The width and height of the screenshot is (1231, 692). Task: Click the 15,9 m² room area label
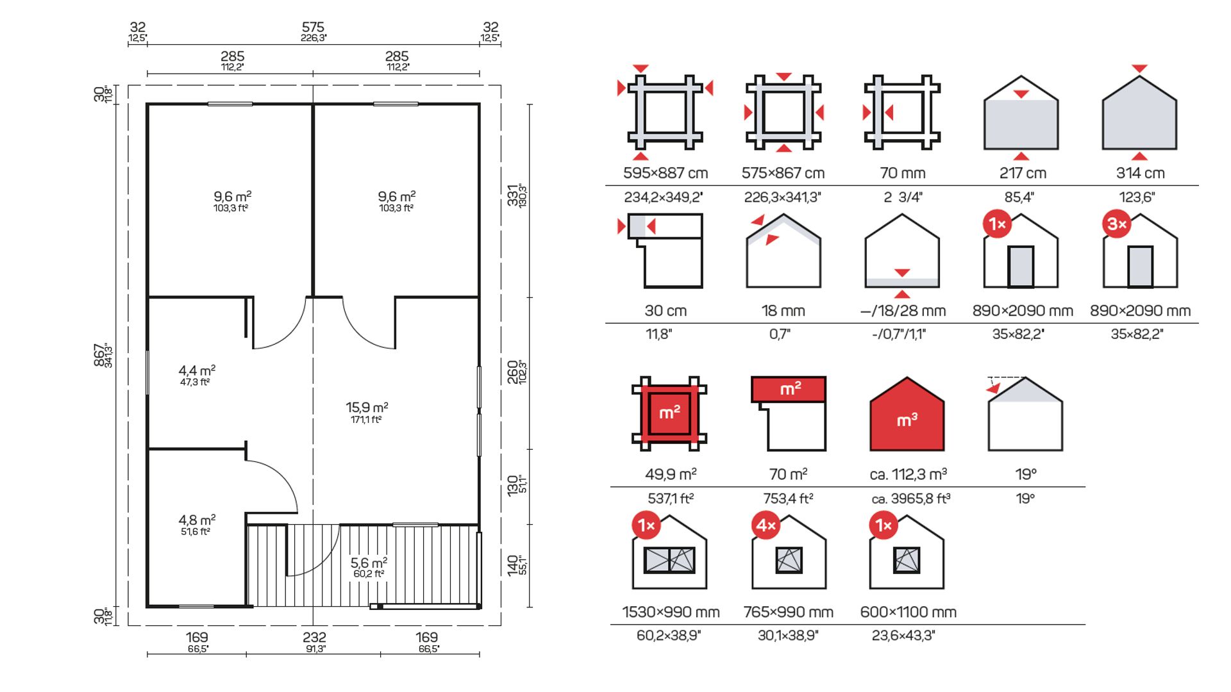(x=367, y=408)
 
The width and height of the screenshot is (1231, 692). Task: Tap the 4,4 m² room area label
(x=197, y=371)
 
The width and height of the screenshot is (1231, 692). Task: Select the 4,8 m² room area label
(x=197, y=520)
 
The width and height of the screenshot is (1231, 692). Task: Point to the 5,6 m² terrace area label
(x=369, y=563)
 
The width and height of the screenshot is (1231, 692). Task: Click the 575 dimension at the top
(x=313, y=28)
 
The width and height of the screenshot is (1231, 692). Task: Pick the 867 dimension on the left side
(x=100, y=355)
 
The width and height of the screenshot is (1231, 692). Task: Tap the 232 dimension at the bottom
(x=314, y=638)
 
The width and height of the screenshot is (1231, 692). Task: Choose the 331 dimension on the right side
(x=513, y=195)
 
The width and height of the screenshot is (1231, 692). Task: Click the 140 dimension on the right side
(x=513, y=565)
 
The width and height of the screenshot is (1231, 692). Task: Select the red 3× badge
(x=1117, y=224)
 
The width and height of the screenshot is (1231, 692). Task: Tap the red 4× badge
(x=766, y=526)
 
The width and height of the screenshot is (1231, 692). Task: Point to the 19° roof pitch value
(x=1025, y=474)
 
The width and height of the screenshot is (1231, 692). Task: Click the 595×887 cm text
(x=666, y=173)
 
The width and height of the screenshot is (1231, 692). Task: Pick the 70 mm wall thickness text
(x=902, y=173)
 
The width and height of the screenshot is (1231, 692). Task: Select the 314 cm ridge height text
(x=1140, y=173)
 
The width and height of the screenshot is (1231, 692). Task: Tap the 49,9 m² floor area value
(x=671, y=474)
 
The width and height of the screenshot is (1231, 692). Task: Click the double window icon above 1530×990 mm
(x=669, y=560)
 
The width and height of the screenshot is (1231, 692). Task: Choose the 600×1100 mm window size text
(x=908, y=612)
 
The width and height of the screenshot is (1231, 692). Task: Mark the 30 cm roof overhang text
(x=666, y=311)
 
